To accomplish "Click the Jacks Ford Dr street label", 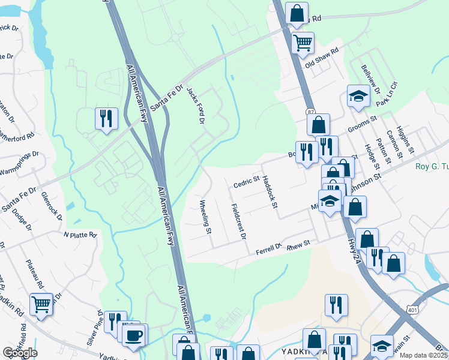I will coord(196,106).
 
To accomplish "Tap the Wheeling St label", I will coord(205,217).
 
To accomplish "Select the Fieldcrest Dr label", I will coord(239,221).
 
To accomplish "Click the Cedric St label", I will coord(246,181).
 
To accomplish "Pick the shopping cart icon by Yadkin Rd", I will coord(41,304).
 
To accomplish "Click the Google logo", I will coord(20,352).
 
